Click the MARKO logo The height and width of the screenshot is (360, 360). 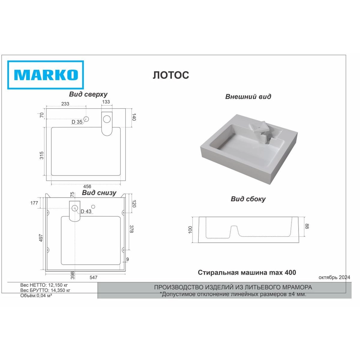45,75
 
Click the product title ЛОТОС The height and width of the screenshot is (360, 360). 171,75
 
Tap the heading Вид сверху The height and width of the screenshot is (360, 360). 88,94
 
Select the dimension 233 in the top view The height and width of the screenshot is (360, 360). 65,104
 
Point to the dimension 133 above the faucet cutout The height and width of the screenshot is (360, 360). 106,102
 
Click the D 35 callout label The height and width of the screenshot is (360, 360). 77,122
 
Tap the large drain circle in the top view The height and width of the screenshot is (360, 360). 107,119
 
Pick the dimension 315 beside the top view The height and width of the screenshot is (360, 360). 41,155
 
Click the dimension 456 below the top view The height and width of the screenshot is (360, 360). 87,186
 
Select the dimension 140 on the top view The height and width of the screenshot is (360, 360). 134,117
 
